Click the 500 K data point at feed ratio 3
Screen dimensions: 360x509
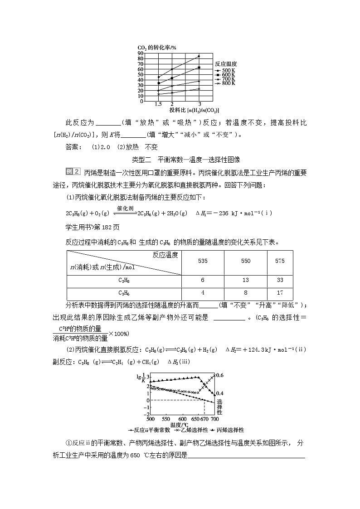pyautogui.click(x=199, y=56)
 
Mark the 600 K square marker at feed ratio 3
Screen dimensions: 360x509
pyautogui.click(x=199, y=68)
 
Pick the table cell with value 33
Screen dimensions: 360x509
pyautogui.click(x=280, y=280)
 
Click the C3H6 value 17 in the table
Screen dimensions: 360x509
pyautogui.click(x=280, y=293)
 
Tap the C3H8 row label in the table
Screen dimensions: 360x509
pyautogui.click(x=124, y=281)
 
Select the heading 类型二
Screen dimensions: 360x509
pyautogui.click(x=141, y=160)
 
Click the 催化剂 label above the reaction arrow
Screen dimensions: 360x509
pyautogui.click(x=124, y=208)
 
